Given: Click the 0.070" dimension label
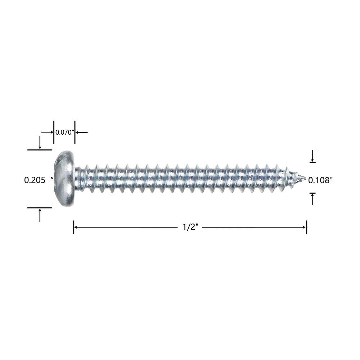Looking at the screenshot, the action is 64,132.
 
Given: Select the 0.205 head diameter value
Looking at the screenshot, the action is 35,180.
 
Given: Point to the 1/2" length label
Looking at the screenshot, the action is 190,227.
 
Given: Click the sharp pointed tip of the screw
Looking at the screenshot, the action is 305,178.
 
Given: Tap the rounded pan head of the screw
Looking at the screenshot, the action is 65,179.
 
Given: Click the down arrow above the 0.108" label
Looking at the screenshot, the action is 312,156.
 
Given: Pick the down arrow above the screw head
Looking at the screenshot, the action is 40,142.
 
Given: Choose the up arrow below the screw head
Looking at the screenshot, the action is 40,215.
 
